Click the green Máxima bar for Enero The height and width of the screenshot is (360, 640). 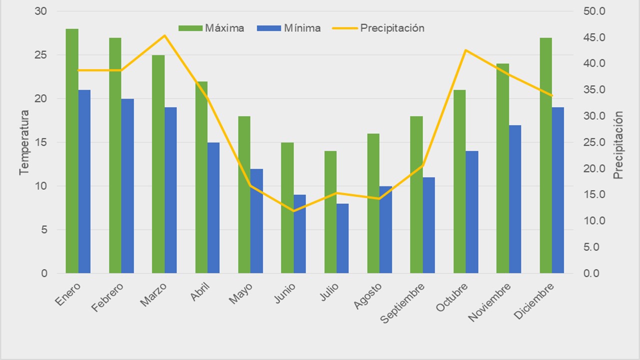tap(72, 150)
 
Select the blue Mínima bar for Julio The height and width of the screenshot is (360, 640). tap(342, 238)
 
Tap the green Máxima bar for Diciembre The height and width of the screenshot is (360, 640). tap(546, 155)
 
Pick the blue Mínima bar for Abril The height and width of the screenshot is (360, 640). tap(213, 207)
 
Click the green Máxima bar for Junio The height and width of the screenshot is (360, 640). tap(287, 207)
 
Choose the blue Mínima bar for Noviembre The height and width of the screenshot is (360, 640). tap(515, 199)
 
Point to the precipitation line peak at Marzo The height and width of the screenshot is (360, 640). tap(164, 35)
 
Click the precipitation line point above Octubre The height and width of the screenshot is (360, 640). tap(466, 50)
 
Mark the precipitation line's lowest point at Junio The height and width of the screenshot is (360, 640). tap(293, 211)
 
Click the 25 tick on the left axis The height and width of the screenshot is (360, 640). tap(41, 55)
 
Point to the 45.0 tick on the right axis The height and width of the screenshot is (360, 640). tap(594, 37)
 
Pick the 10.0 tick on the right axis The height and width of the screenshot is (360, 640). tap(594, 221)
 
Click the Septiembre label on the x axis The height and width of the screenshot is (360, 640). tap(403, 303)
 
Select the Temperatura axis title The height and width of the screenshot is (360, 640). tap(24, 142)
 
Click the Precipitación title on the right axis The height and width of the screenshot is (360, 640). tap(618, 145)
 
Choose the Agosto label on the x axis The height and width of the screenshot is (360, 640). tap(368, 296)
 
